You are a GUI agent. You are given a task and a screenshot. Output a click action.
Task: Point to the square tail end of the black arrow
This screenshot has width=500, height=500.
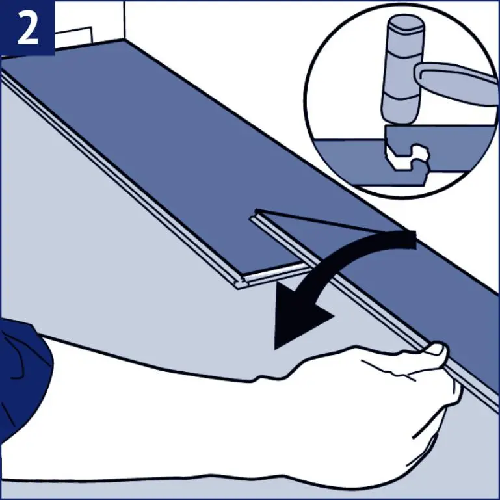[x=409, y=240]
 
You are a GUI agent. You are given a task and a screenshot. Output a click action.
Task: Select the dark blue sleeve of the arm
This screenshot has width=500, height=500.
[x=23, y=377]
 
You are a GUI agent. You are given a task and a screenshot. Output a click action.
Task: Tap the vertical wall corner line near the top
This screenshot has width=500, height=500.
[x=124, y=20]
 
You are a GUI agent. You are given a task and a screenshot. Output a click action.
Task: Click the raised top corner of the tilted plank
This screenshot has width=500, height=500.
[x=257, y=211]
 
